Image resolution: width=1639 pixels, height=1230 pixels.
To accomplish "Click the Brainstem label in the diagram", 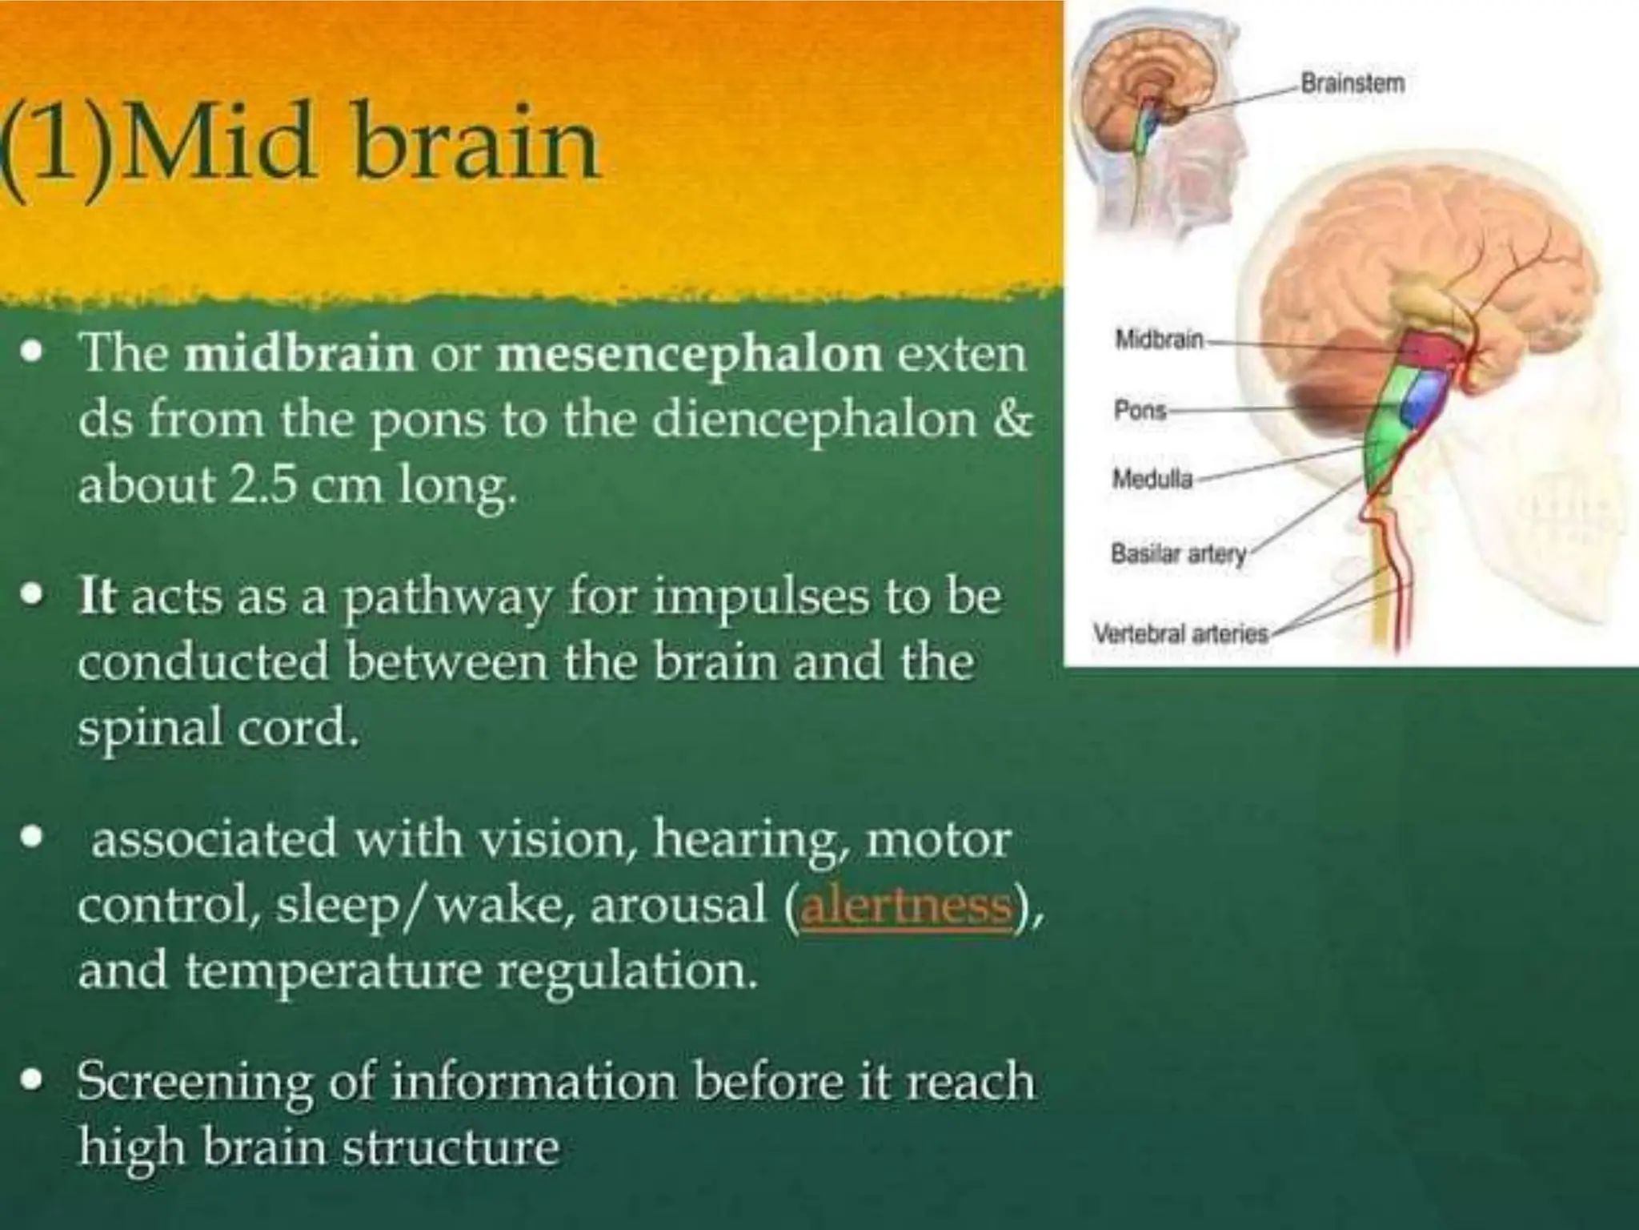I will pos(1352,83).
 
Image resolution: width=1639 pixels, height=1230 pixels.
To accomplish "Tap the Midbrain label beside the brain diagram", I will pos(1160,340).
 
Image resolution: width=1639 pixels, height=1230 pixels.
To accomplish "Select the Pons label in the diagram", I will pos(1140,411).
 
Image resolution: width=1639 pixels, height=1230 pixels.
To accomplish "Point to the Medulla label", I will pos(1152,480).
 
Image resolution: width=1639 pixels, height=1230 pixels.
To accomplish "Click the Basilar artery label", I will pos(1179,553).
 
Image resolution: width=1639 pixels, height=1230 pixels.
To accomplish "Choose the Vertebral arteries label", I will pos(1181,633).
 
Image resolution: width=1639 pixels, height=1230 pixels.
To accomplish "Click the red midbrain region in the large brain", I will pos(1432,349).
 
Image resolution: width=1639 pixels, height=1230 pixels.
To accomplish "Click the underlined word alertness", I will pos(906,906).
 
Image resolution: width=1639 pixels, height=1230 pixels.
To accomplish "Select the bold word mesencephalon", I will pos(689,354).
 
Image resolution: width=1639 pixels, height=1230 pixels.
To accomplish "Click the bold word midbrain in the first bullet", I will pos(299,354).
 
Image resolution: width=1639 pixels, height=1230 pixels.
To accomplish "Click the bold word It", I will pos(98,598).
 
